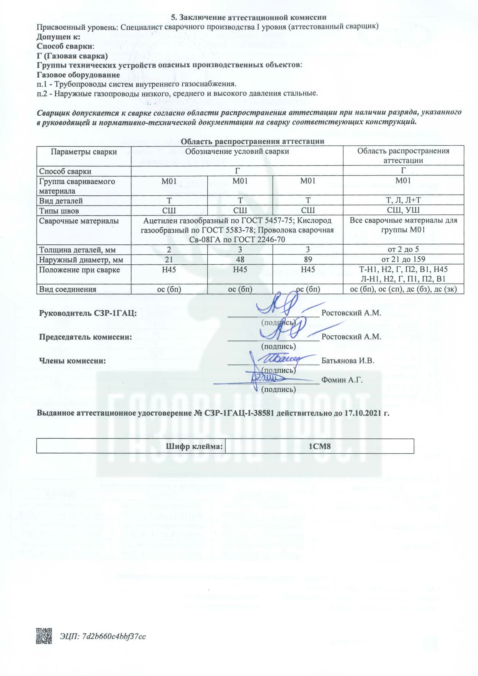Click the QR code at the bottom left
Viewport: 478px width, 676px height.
click(44, 636)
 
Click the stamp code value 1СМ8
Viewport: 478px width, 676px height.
click(320, 447)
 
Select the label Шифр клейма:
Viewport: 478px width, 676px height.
click(195, 447)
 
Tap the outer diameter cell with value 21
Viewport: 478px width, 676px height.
click(169, 259)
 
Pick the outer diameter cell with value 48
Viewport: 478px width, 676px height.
click(240, 259)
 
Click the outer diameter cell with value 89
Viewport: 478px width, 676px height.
click(308, 259)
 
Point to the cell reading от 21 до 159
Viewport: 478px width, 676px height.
click(403, 259)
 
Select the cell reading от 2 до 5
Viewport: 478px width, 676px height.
click(403, 249)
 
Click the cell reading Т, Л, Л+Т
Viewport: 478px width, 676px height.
click(403, 200)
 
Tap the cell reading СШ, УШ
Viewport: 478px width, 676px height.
click(403, 210)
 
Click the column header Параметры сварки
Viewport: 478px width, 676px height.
click(84, 152)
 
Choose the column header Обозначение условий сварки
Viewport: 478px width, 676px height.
click(237, 151)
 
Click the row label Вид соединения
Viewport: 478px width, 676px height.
click(67, 289)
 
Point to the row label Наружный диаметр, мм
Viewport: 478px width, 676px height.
click(81, 260)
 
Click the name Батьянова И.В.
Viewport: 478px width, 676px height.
click(348, 361)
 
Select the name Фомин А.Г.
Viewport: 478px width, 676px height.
click(342, 380)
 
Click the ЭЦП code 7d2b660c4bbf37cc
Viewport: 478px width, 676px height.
click(114, 636)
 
